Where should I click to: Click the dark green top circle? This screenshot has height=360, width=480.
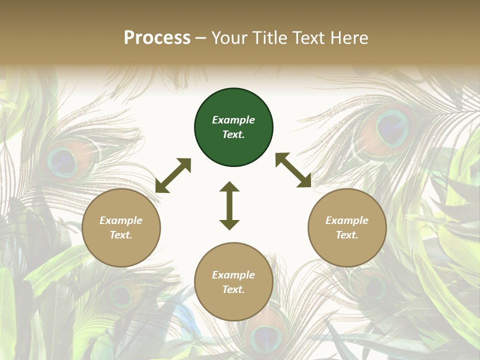[233, 127]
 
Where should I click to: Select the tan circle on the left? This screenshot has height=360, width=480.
[121, 227]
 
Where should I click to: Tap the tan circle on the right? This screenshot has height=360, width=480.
[347, 227]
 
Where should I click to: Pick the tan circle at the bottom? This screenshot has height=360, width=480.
[233, 282]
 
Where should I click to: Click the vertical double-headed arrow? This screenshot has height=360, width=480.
[229, 205]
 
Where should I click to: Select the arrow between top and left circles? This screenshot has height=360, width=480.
[173, 175]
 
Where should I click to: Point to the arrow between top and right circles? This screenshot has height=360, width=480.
[293, 170]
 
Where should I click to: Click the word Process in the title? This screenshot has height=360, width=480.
[157, 37]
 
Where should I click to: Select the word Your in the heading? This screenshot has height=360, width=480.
[230, 37]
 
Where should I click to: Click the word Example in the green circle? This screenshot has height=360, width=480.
[233, 120]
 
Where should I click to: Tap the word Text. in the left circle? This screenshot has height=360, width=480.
[121, 235]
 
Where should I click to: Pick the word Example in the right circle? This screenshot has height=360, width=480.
[347, 220]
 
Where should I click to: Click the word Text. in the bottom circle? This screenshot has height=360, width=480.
[233, 289]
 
